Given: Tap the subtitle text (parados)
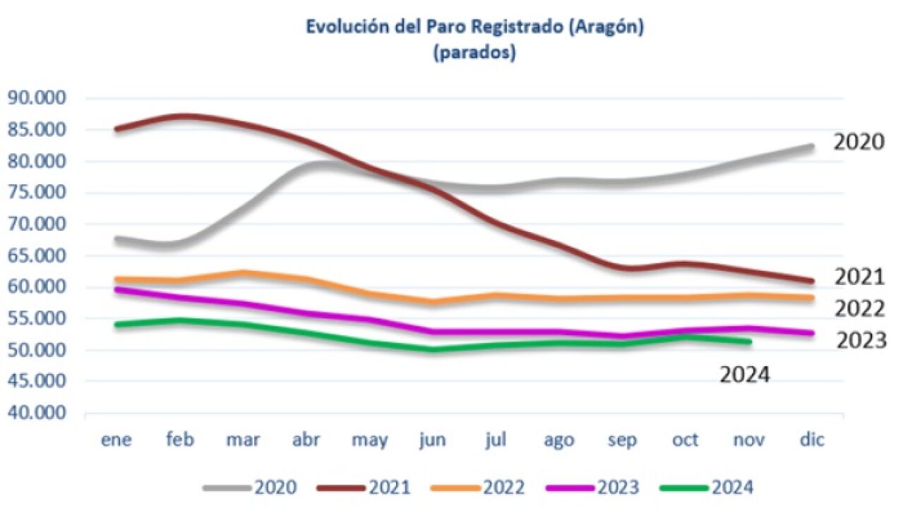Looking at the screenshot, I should [474, 54].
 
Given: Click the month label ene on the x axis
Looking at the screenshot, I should [116, 440].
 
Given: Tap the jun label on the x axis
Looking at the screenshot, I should [432, 440].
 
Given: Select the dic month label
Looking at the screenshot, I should [812, 440].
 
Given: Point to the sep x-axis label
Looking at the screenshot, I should [623, 440].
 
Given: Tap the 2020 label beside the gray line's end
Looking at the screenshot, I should [859, 142].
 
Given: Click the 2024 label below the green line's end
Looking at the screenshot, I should [744, 375].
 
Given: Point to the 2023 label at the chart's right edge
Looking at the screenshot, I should [861, 341].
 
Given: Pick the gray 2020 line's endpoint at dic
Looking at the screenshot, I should [811, 147].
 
